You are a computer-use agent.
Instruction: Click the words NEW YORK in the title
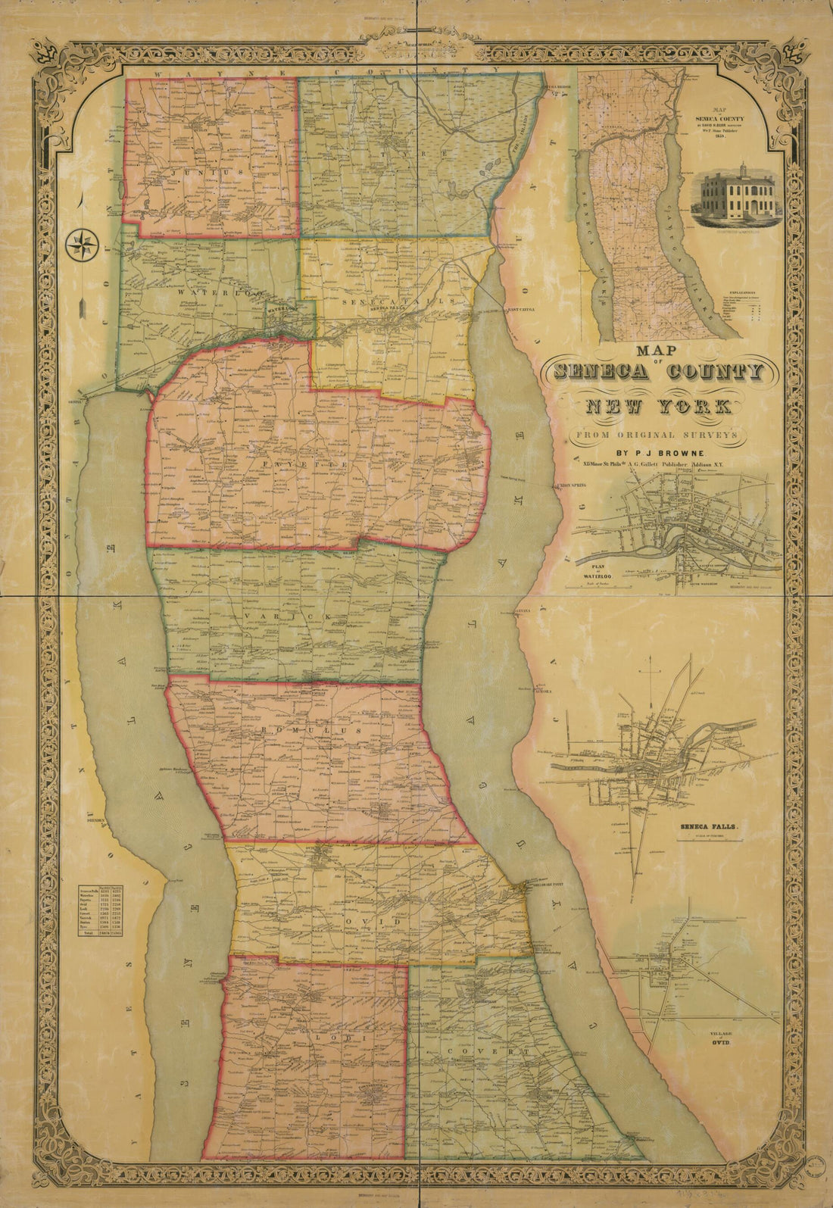coord(657,407)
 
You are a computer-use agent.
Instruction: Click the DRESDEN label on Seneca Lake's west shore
coord(99,820)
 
